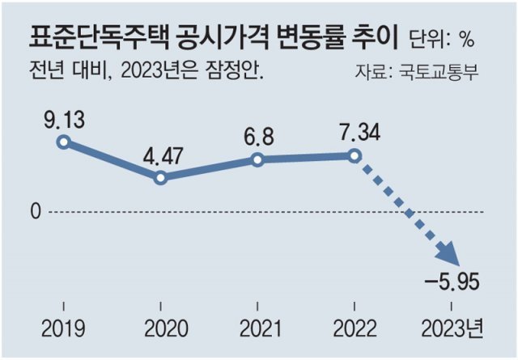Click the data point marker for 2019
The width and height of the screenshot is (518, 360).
click(64, 142)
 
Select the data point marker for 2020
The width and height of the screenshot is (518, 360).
click(160, 177)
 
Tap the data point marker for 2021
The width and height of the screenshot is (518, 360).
click(257, 159)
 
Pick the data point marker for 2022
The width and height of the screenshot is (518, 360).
click(354, 155)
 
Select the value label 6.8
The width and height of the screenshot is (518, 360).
click(257, 135)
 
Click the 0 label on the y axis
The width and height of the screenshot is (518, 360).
click(35, 212)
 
